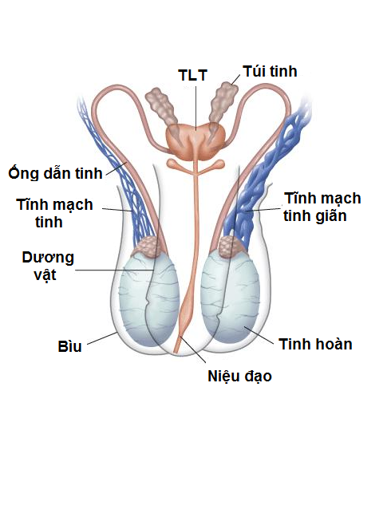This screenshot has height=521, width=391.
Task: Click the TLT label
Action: (x=192, y=75)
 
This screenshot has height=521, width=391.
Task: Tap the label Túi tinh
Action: (x=270, y=72)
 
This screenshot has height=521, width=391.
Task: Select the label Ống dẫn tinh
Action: (x=56, y=172)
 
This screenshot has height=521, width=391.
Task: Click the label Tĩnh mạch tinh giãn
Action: (x=322, y=207)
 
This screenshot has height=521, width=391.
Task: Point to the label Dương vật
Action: (x=48, y=266)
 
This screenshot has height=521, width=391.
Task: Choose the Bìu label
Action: (x=69, y=346)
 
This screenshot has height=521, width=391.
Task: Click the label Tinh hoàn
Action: (x=315, y=344)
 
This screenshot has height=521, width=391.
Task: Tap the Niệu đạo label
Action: (x=239, y=377)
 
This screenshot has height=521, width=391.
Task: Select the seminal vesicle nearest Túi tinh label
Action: (x=223, y=101)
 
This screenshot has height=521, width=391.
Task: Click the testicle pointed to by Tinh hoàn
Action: (x=230, y=298)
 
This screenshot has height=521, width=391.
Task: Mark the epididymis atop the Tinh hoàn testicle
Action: (x=231, y=247)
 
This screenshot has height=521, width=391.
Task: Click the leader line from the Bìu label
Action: (x=101, y=338)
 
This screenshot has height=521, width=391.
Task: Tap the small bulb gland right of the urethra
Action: (x=219, y=163)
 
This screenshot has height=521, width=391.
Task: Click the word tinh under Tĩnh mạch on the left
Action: (x=49, y=222)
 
